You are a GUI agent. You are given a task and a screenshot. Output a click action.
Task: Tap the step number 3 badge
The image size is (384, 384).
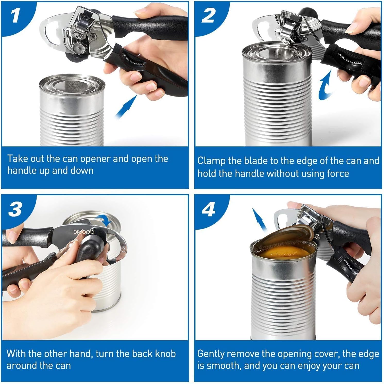(15, 209)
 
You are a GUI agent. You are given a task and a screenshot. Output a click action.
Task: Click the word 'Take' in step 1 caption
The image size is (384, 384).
(18, 159)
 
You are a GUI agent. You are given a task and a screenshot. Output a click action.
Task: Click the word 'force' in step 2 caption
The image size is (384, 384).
(338, 173)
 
